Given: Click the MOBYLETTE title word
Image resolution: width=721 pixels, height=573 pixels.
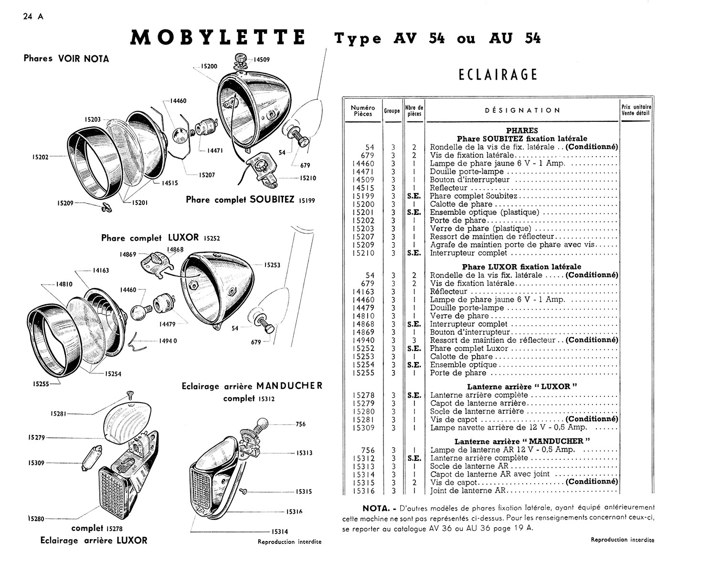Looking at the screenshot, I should (218, 38).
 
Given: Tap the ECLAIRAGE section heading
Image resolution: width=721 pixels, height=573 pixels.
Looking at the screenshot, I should (498, 75).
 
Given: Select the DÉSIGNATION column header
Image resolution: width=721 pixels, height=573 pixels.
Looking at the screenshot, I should (522, 110).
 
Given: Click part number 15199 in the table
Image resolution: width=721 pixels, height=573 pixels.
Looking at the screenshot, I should (363, 196).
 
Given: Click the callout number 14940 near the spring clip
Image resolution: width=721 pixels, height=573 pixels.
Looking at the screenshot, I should (168, 341).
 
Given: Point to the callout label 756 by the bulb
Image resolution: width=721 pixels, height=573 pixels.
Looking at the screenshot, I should (300, 424).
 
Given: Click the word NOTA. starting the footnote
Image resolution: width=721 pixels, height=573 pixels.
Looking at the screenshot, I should (377, 508).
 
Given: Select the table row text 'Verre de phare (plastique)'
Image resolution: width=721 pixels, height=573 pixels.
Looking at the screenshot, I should (480, 229).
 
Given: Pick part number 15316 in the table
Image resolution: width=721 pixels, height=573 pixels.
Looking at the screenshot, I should (363, 491).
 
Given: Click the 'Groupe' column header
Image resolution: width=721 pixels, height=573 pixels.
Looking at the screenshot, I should (392, 111).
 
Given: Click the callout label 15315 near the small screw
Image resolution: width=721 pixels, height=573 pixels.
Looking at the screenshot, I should (304, 491).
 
